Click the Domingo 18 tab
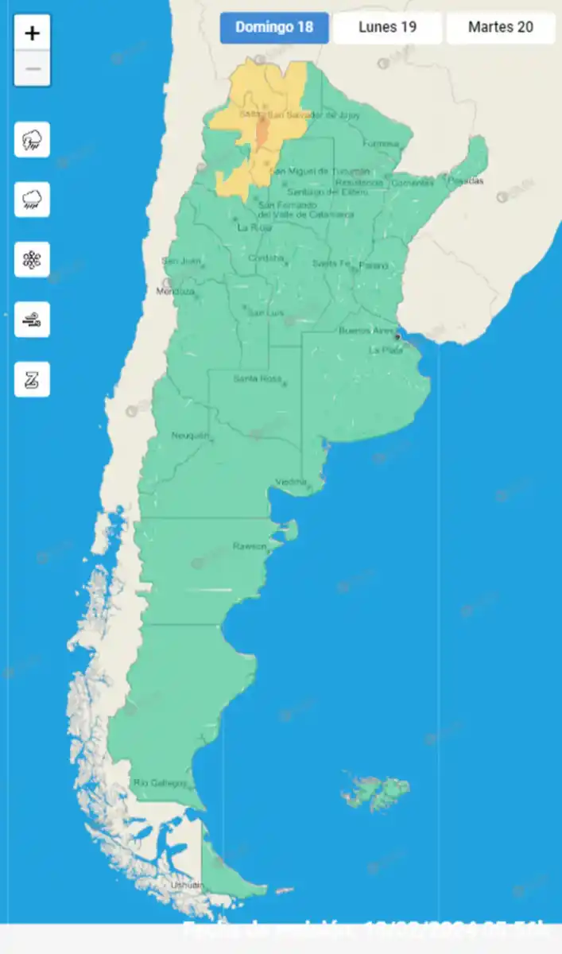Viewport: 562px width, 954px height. (x=274, y=28)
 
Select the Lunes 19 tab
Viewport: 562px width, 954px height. (x=387, y=28)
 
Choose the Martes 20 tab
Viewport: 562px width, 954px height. (x=500, y=28)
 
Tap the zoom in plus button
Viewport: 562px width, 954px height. (x=33, y=33)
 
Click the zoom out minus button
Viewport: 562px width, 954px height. (x=33, y=68)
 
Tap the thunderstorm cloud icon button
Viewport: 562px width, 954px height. (x=33, y=141)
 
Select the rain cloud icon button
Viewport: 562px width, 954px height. (x=33, y=200)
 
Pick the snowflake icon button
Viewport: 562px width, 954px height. (x=33, y=259)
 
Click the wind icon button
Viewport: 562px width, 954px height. (x=33, y=320)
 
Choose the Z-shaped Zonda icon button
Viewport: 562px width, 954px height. (x=33, y=379)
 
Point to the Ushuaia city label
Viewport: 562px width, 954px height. (x=187, y=885)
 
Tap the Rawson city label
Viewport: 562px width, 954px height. (x=250, y=546)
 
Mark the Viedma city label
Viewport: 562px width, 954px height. (x=291, y=483)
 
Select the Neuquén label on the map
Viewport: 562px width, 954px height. (x=190, y=436)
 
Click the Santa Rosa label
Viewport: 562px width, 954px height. (x=257, y=379)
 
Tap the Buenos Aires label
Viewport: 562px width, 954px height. (x=366, y=330)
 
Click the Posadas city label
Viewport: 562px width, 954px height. (x=465, y=181)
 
